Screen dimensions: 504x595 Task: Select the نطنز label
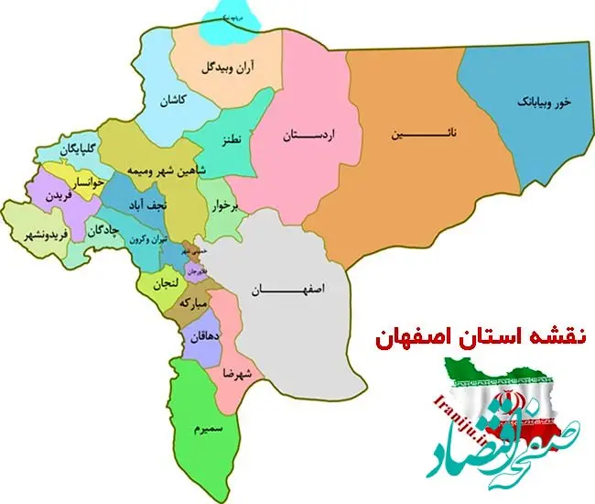(231, 140)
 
